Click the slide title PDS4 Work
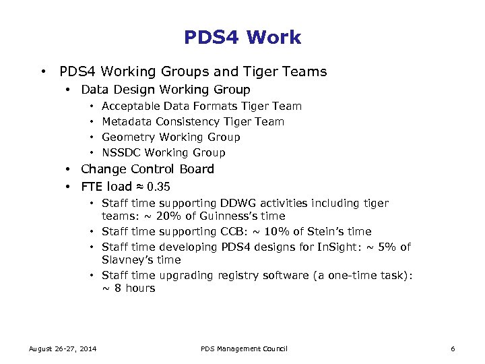tap(243, 37)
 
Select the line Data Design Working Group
tap(165, 90)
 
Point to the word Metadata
tap(127, 122)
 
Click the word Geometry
tap(127, 138)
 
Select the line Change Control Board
tap(147, 169)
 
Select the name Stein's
tap(327, 232)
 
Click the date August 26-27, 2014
tap(62, 348)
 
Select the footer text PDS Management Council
tap(244, 348)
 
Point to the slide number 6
tap(453, 348)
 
